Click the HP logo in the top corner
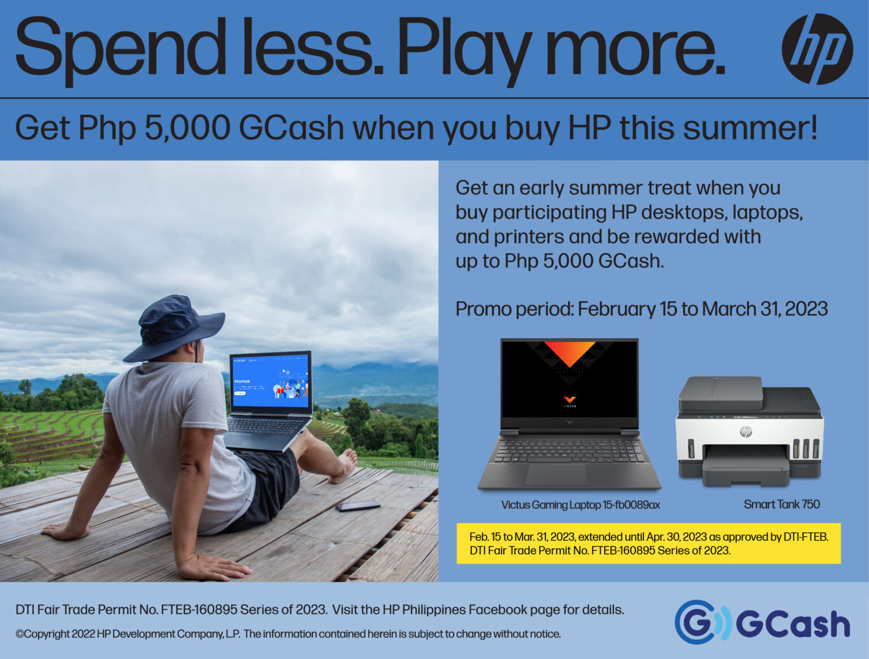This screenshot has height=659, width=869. tap(817, 49)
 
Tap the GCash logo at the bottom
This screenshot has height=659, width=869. tap(762, 622)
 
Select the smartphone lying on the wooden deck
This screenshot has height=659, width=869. tap(358, 505)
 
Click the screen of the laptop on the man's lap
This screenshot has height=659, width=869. tap(270, 381)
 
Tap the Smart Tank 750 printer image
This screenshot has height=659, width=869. tap(749, 432)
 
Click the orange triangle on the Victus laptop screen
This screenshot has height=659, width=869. tap(569, 352)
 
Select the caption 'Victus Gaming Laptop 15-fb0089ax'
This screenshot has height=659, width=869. tap(580, 505)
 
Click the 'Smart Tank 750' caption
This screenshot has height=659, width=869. tap(781, 504)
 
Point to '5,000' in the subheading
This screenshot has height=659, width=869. tap(187, 128)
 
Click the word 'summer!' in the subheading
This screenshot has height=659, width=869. tap(750, 128)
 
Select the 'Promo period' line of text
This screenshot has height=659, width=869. tap(641, 309)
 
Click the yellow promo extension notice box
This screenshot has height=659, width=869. tap(648, 543)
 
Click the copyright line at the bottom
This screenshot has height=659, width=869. tap(288, 634)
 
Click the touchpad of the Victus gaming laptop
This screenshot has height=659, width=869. tap(556, 474)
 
